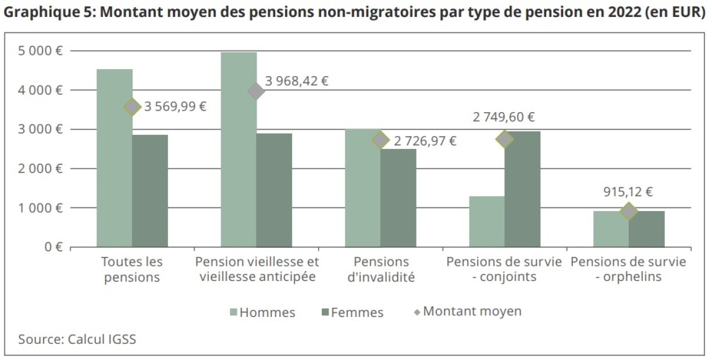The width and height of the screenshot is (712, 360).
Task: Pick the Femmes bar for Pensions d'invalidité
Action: coord(398,198)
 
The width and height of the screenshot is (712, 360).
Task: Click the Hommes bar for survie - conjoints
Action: coord(487,222)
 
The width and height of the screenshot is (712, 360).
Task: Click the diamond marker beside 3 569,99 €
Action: coord(132,107)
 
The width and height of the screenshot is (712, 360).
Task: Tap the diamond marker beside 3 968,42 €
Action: coord(256,91)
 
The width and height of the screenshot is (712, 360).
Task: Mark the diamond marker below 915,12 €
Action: coord(629,211)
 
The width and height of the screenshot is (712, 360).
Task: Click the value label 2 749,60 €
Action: coord(504,117)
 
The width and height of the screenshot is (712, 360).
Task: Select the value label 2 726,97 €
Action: coord(425,141)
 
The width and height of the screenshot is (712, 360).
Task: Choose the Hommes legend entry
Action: coord(262,312)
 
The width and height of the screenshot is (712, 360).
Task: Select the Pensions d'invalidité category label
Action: coord(381,269)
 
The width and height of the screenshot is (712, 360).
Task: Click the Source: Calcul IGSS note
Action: coord(77,339)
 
